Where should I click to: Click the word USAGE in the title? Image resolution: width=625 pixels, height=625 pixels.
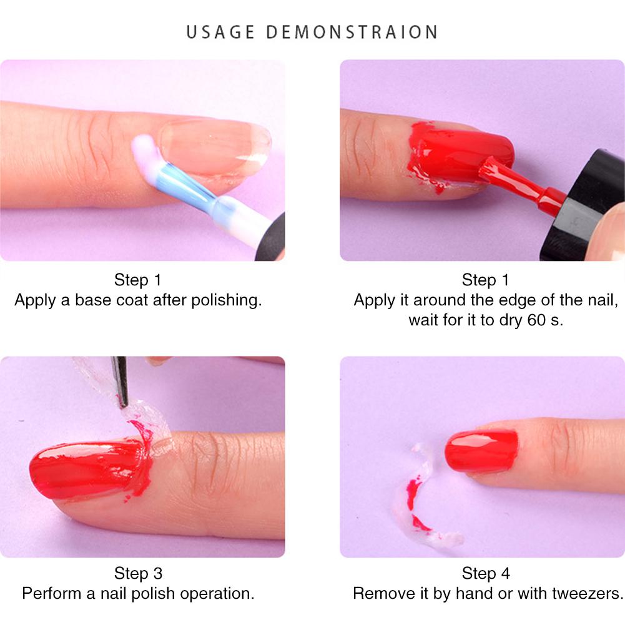click(x=221, y=32)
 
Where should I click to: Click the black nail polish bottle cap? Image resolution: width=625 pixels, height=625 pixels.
click(x=584, y=206)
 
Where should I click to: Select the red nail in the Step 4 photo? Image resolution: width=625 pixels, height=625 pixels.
click(x=481, y=451)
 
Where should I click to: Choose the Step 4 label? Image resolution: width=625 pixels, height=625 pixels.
click(x=486, y=573)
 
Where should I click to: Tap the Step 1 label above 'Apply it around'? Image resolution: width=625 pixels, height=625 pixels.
click(x=486, y=279)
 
